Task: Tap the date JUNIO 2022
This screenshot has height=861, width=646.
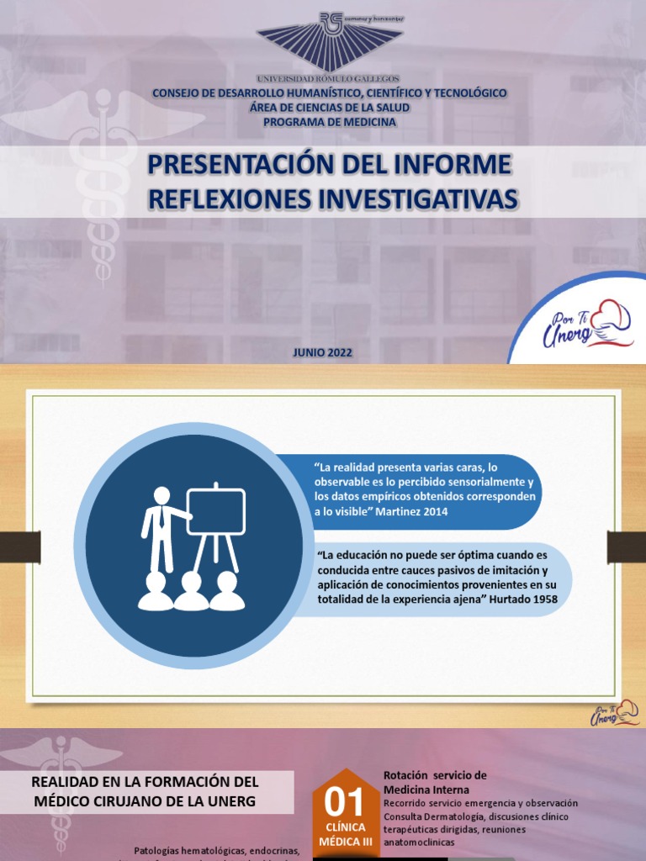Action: (x=323, y=353)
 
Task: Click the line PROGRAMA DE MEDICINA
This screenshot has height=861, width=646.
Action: (x=329, y=122)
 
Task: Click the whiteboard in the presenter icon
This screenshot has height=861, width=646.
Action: (x=215, y=512)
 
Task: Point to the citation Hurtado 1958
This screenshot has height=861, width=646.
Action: (x=522, y=599)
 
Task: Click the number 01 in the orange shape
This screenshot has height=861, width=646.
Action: (x=346, y=802)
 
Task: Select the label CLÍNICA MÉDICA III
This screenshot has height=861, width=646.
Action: (x=346, y=832)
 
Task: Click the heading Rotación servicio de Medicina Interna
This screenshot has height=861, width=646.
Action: (x=435, y=782)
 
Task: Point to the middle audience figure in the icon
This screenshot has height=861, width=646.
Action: (x=191, y=592)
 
